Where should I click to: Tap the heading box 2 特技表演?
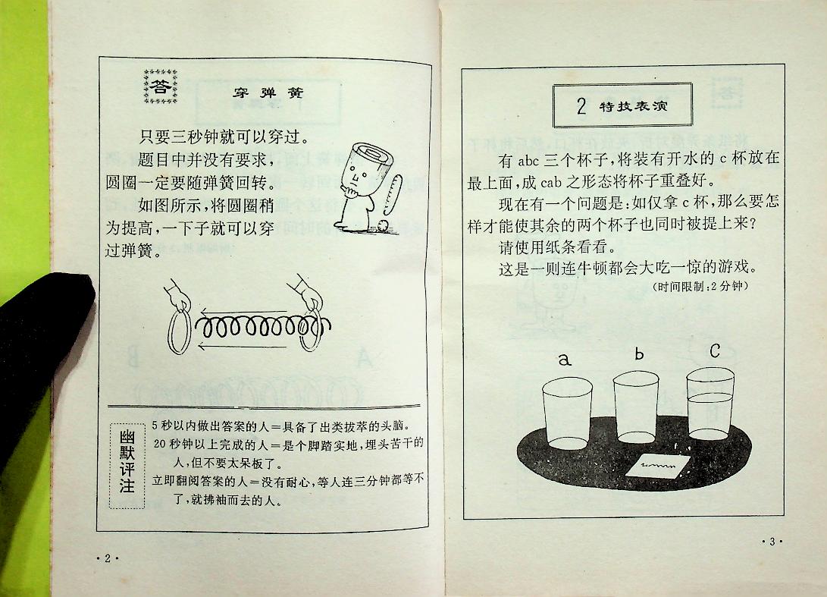622,105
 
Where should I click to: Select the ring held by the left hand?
178,330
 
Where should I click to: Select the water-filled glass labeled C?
710,409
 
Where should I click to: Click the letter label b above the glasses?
638,353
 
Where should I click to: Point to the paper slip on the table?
656,464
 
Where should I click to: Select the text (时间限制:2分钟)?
699,286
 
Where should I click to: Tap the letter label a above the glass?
564,360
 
